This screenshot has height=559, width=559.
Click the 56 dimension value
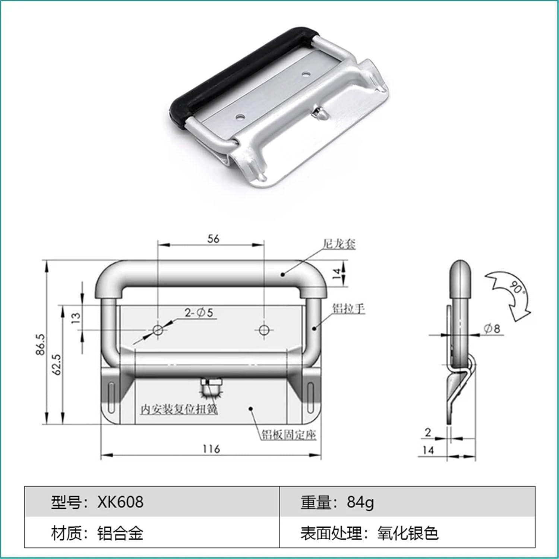[213, 239]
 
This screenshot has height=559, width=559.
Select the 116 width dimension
[211, 449]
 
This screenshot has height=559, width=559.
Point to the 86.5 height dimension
[41, 344]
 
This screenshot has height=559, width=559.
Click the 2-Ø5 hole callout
[199, 313]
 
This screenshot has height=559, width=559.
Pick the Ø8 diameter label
[492, 328]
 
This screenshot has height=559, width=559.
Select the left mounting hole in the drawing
[158, 329]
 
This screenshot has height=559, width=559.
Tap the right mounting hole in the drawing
[264, 329]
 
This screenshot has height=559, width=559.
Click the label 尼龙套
[339, 244]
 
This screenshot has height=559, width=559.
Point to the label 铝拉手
[348, 309]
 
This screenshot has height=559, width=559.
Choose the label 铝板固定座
[288, 435]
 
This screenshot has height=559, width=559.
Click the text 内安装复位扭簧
[179, 409]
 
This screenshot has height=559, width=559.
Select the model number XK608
[120, 502]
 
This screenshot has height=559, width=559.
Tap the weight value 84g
[360, 502]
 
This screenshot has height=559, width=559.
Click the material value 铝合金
[120, 533]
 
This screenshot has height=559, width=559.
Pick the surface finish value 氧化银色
[408, 533]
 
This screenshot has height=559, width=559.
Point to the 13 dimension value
[76, 317]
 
